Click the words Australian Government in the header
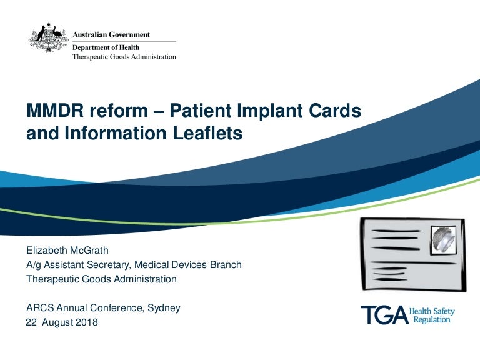click(x=112, y=35)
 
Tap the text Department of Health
click(x=106, y=47)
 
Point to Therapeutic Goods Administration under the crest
click(x=124, y=56)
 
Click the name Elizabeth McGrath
click(x=67, y=251)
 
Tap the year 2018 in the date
click(x=86, y=323)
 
